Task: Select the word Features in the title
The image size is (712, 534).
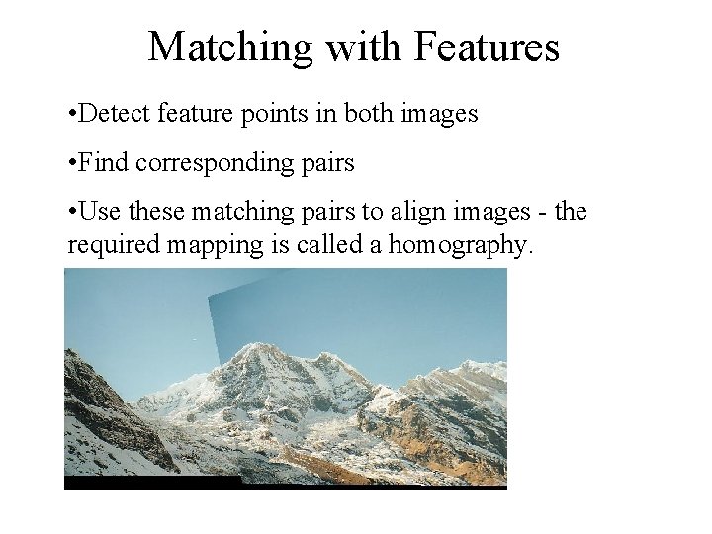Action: click(x=488, y=47)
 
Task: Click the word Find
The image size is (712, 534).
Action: click(x=105, y=162)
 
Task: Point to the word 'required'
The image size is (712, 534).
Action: click(x=109, y=245)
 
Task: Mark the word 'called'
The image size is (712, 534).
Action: click(x=326, y=244)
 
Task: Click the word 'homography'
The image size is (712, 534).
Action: click(x=458, y=245)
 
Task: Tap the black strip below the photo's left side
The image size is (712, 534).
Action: click(x=148, y=482)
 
